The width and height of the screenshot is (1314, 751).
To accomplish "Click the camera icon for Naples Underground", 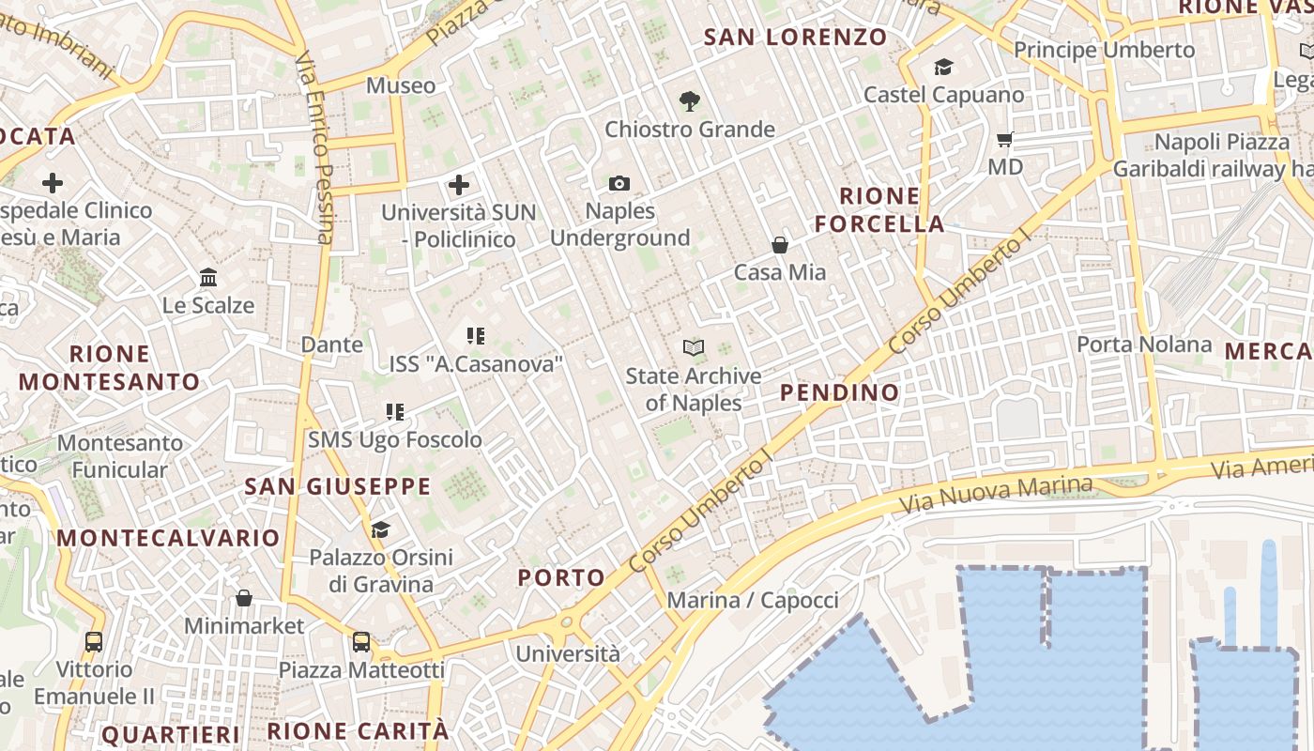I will click(x=619, y=183).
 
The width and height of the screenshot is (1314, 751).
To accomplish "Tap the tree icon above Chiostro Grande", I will click(x=690, y=101).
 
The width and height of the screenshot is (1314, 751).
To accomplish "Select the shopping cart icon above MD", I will click(x=1005, y=140).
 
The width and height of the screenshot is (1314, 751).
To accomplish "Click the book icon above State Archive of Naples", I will click(x=694, y=348).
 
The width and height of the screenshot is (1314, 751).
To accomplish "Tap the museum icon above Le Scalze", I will click(x=208, y=278).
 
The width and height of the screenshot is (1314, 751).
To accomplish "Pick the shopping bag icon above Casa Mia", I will click(x=779, y=245).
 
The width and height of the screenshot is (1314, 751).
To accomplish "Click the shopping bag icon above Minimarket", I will click(x=244, y=598).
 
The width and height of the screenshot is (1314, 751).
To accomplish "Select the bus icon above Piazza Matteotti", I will click(x=361, y=642).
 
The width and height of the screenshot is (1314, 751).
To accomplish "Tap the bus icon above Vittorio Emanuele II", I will click(x=94, y=642).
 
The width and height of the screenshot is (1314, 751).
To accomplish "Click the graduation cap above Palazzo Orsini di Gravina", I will click(x=380, y=530).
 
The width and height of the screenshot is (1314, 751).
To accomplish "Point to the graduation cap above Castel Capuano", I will click(x=943, y=68).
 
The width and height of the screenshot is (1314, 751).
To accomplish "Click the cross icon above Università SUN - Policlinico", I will click(x=459, y=184).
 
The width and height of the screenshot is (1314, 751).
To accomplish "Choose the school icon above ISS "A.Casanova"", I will click(x=475, y=335).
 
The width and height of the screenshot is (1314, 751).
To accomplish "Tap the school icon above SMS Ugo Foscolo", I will click(x=395, y=412).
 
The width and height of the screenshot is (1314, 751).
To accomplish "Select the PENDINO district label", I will click(x=839, y=392).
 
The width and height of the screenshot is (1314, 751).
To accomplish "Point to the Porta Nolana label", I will click(x=1144, y=345).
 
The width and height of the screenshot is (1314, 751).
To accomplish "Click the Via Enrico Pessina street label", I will click(x=314, y=147).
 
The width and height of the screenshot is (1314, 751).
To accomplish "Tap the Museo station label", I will click(x=401, y=85).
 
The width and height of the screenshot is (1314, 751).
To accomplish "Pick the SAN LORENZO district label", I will click(x=795, y=38).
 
